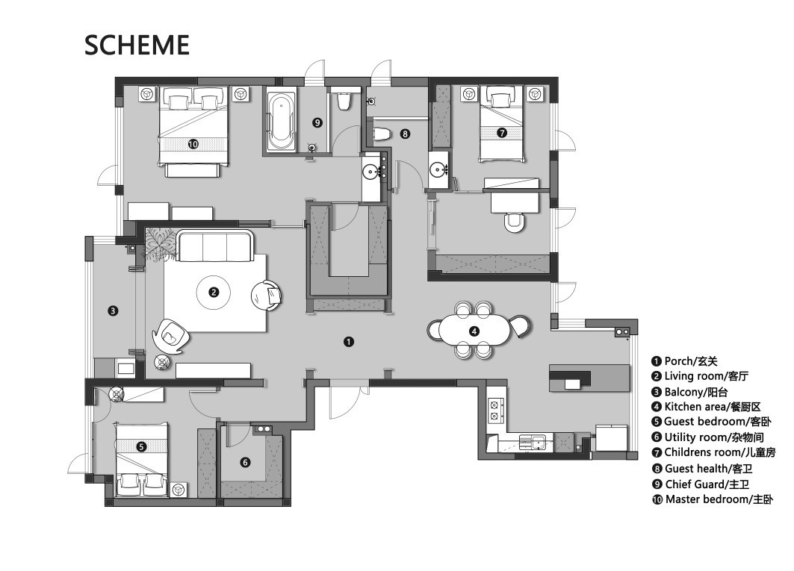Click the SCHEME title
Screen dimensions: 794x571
[x=137, y=45]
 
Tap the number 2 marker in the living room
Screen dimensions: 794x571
[x=214, y=292]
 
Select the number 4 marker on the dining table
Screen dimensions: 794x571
[x=474, y=331]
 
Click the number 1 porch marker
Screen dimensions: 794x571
[x=348, y=342]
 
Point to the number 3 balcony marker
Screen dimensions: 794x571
[x=113, y=311]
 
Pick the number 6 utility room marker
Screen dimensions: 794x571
[x=245, y=462]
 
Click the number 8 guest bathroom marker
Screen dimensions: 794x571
[x=405, y=134]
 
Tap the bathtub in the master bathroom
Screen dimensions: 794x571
[x=280, y=119]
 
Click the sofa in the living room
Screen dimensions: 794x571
[x=215, y=246]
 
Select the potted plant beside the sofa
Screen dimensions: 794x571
[x=161, y=244]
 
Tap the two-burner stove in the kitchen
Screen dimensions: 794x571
[x=494, y=410]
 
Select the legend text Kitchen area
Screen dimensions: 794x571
[x=695, y=407]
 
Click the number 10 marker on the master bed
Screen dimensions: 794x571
[x=193, y=144]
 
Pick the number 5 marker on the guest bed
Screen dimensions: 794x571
[x=141, y=446]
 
